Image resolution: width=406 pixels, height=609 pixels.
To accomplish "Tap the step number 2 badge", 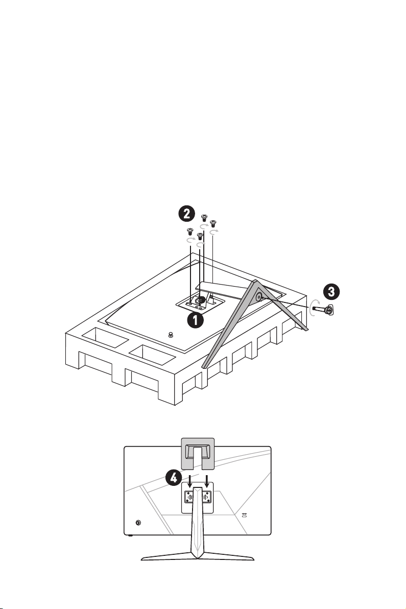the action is pos(186,214).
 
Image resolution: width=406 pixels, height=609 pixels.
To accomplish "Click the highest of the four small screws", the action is pos(204,218).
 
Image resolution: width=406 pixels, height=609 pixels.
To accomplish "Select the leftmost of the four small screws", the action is pos(190,231).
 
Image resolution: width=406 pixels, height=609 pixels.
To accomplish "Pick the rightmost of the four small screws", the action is pos(213,224).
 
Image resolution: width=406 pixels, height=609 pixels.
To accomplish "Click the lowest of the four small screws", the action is pos(200,237).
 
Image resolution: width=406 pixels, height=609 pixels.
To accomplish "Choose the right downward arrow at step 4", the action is pos(208,480).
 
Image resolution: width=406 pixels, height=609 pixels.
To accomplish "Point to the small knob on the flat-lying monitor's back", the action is pos(171,335).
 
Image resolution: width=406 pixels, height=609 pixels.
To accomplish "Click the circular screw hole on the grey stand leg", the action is pos(258,297).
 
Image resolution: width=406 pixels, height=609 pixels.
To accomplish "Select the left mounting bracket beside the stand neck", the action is pos(188,497).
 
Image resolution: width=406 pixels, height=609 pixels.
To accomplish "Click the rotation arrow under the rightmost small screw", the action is pos(214,232).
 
